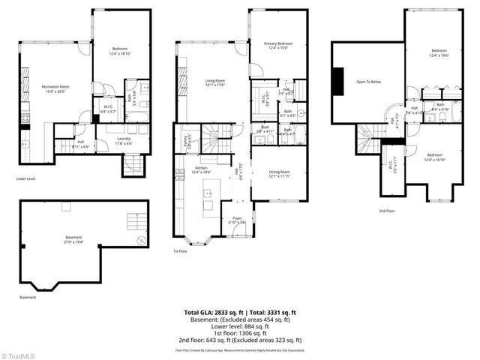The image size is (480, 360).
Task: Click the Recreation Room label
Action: click(x=55, y=89)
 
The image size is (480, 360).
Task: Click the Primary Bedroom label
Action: click(x=277, y=46)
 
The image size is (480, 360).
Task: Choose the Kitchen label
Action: click(x=201, y=169)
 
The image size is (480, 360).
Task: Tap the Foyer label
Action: click(x=236, y=220)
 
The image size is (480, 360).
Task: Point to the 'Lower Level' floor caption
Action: click(x=26, y=178)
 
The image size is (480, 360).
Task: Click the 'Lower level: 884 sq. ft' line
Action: click(x=240, y=325)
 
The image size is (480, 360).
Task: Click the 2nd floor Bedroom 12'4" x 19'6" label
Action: click(x=439, y=53)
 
